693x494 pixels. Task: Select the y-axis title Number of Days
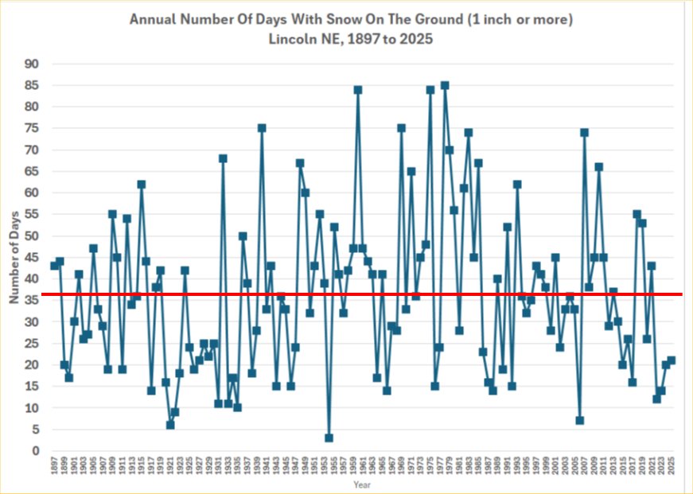pos(14,258)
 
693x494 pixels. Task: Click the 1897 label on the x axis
pos(54,467)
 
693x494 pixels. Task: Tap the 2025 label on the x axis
pos(672,467)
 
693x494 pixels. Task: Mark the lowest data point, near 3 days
pos(329,438)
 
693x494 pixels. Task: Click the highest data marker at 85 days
pos(444,85)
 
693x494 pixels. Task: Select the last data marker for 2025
pos(672,360)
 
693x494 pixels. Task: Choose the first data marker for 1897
pos(54,266)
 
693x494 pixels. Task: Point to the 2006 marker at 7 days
pos(580,421)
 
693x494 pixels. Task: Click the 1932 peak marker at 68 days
pos(223,158)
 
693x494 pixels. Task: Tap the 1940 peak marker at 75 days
pos(261,128)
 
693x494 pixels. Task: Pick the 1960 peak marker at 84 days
pos(357,90)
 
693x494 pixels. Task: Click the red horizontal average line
pos(477,294)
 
